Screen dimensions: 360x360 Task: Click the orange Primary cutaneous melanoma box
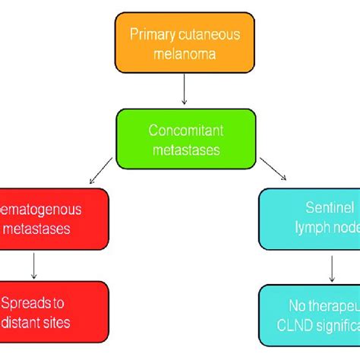pyautogui.click(x=185, y=43)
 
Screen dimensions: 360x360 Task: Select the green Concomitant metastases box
pyautogui.click(x=185, y=140)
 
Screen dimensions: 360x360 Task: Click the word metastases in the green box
pyautogui.click(x=185, y=150)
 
